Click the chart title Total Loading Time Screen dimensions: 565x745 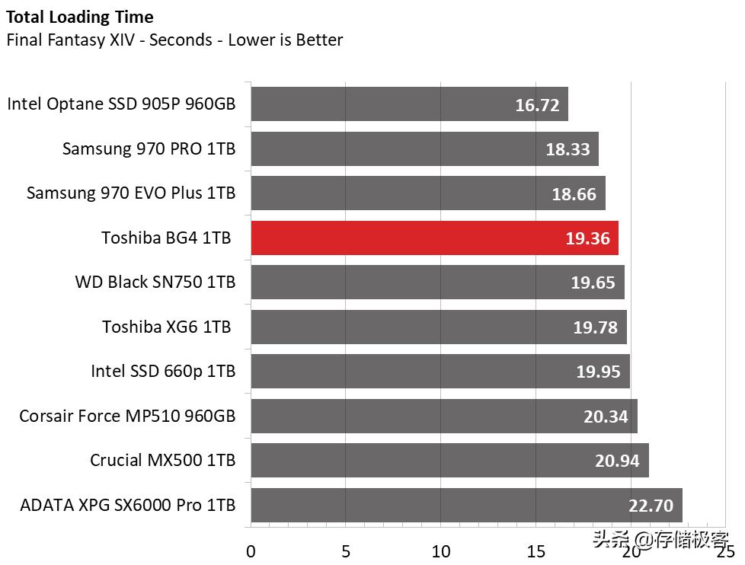click(79, 17)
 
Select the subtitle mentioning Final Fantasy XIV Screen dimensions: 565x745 click(174, 40)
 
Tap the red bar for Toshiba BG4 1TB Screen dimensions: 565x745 click(434, 238)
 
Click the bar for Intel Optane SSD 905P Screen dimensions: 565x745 click(409, 104)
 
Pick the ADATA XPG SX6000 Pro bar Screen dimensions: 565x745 click(466, 505)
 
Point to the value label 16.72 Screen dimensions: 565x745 click(537, 105)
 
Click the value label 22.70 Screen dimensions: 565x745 click(651, 506)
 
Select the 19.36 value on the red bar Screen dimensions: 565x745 click(587, 238)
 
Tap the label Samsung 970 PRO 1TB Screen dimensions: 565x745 click(149, 148)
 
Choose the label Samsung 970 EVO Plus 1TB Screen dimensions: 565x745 click(131, 193)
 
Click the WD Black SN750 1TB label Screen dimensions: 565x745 click(155, 282)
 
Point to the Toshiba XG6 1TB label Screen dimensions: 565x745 click(166, 327)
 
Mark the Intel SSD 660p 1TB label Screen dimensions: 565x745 click(163, 372)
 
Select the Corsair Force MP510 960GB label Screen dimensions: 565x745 click(127, 416)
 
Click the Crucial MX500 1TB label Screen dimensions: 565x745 click(162, 461)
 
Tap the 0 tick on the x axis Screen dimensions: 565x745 click(251, 551)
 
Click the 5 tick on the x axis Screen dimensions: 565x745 click(346, 551)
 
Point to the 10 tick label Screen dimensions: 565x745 click(441, 551)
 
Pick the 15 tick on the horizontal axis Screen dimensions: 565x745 click(536, 551)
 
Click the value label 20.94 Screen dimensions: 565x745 click(618, 461)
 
